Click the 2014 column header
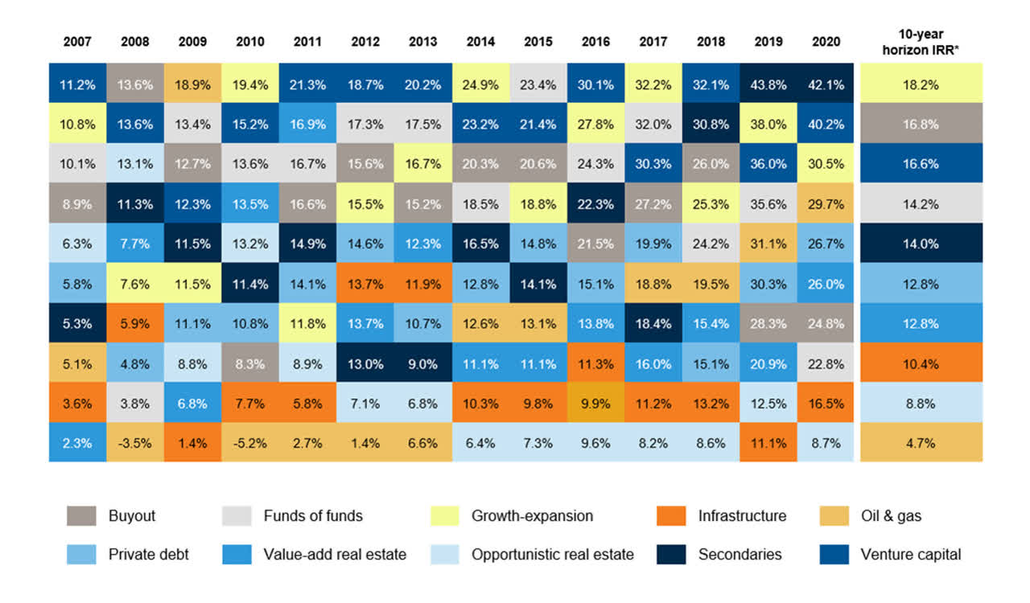[x=480, y=41]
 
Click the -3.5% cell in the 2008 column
[x=134, y=442]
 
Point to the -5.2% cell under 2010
[x=249, y=442]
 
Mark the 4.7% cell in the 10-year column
[x=921, y=442]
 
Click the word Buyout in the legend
[x=130, y=516]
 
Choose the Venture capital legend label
[x=910, y=554]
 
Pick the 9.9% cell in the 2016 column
[x=595, y=402]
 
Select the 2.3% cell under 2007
[x=77, y=442]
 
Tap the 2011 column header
[x=307, y=41]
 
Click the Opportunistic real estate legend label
[x=552, y=554]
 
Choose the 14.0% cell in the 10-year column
[x=921, y=244]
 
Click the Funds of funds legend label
[x=313, y=516]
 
